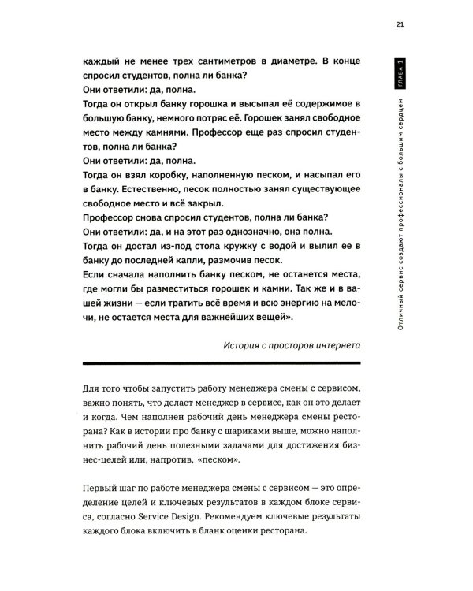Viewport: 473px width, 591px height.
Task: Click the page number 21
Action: (400, 25)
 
